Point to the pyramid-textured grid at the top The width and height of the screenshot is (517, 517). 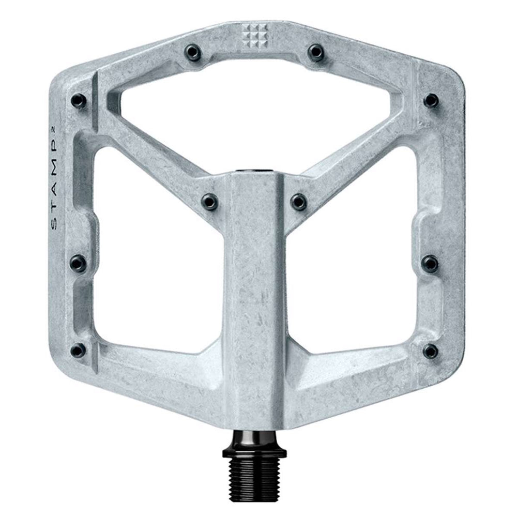(x=255, y=36)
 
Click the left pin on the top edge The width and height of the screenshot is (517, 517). (x=192, y=52)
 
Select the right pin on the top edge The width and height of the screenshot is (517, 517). (x=316, y=52)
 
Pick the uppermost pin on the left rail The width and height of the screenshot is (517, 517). (x=79, y=100)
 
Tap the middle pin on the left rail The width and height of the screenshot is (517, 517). (x=78, y=263)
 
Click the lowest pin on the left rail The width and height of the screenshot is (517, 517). (x=79, y=349)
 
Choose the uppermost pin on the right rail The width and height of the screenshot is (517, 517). (x=431, y=100)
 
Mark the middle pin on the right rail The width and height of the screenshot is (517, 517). (x=431, y=263)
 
